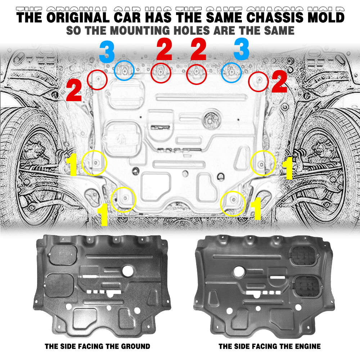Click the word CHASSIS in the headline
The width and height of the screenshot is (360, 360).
click(x=275, y=17)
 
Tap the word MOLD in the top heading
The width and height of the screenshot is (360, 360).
click(x=326, y=17)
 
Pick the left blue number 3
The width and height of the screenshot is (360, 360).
click(x=107, y=51)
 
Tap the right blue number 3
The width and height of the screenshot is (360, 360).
click(x=241, y=49)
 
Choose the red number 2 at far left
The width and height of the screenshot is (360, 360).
click(x=74, y=90)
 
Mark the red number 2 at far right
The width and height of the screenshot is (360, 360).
click(x=279, y=81)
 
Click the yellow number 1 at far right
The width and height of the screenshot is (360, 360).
click(x=287, y=168)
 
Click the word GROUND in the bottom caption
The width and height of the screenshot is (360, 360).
click(x=135, y=346)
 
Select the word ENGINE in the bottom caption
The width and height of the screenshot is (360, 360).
click(x=306, y=346)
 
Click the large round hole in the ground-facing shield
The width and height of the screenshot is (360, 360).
click(x=128, y=271)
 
